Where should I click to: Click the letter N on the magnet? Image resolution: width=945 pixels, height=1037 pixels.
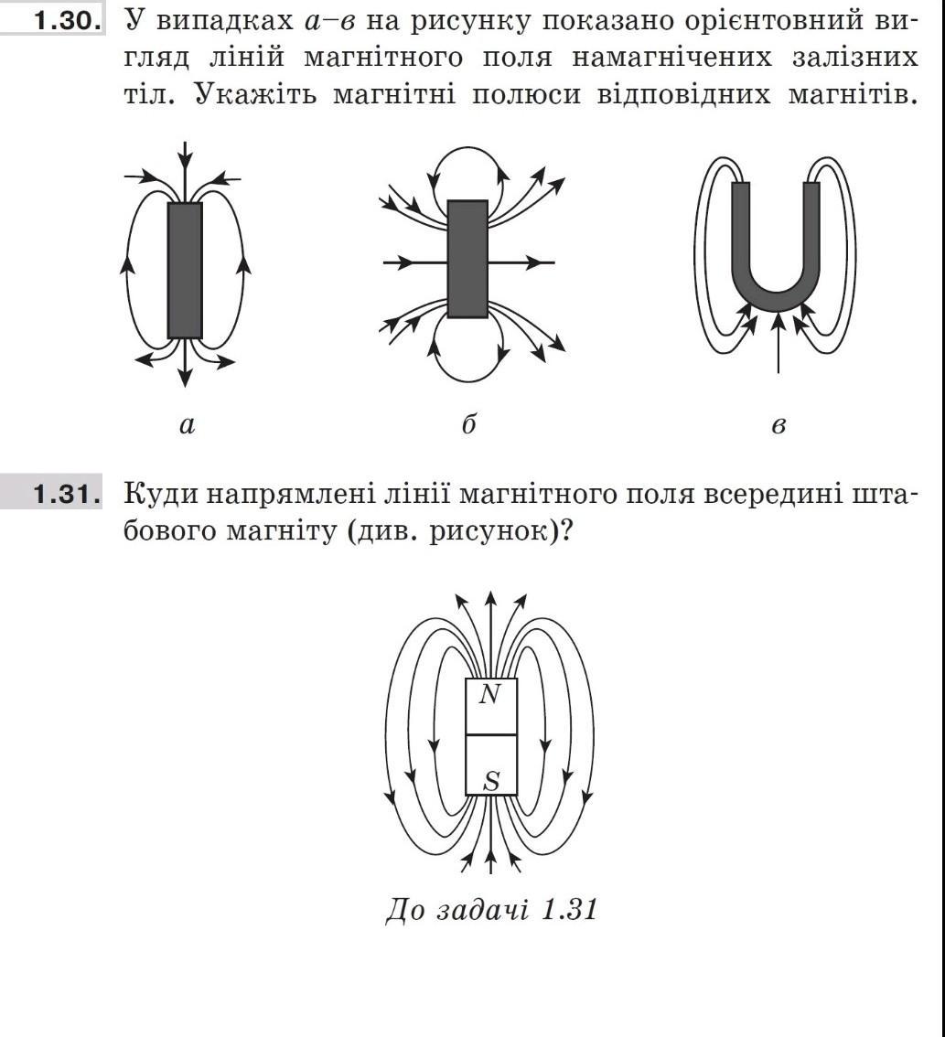click(491, 696)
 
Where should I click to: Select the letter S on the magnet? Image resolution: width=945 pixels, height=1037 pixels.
click(491, 781)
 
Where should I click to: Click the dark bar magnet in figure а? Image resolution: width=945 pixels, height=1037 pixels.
click(185, 271)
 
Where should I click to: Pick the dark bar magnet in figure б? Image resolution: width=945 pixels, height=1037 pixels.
click(468, 259)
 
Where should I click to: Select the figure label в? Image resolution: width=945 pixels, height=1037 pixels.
click(778, 424)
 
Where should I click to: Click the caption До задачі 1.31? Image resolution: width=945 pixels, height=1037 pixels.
click(491, 911)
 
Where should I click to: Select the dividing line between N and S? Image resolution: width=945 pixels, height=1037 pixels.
click(491, 734)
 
